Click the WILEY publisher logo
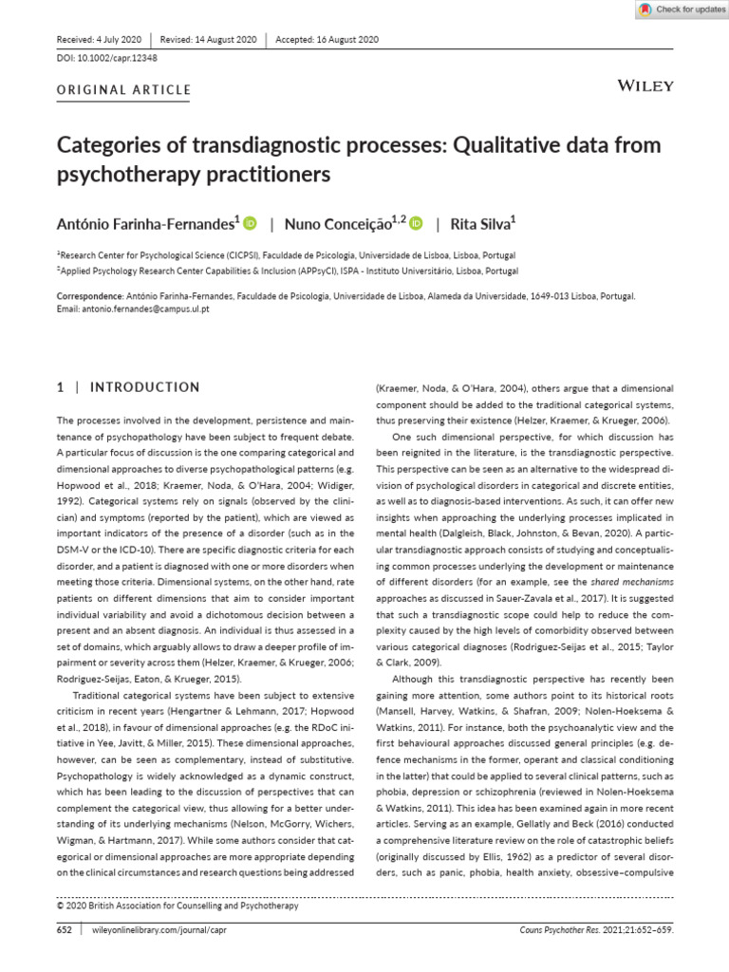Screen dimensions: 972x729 (645, 85)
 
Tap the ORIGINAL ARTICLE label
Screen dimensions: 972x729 (124, 91)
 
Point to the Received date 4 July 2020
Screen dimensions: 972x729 (100, 40)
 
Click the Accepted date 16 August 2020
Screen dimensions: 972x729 (327, 40)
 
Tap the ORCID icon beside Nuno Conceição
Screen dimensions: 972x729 (417, 224)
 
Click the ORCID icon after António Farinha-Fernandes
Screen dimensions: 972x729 (251, 224)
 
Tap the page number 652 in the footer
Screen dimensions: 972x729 (65, 931)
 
